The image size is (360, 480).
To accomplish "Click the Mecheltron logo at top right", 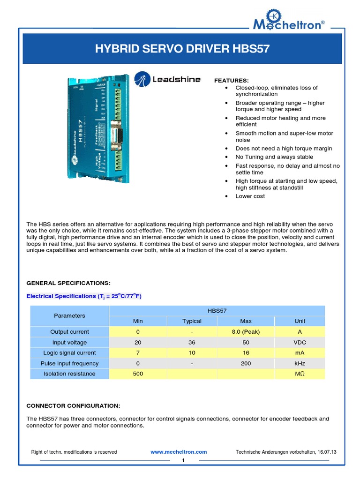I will click(x=287, y=21).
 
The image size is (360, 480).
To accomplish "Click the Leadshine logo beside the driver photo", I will click(x=167, y=79).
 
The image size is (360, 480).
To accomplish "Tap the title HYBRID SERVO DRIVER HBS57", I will click(x=182, y=49).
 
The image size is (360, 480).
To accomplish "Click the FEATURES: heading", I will click(x=232, y=81).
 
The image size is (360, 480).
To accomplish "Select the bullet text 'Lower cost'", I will click(x=250, y=196).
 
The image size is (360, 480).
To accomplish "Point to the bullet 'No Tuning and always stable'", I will click(x=274, y=157).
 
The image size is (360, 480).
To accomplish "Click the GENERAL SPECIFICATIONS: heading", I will click(x=68, y=283).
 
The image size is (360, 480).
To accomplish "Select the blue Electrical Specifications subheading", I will click(x=84, y=296).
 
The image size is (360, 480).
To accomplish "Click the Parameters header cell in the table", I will click(x=69, y=315).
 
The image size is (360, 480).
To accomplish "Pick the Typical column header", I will click(x=192, y=321).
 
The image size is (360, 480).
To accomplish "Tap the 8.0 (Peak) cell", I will click(x=246, y=332).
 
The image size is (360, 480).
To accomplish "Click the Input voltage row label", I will click(x=69, y=342).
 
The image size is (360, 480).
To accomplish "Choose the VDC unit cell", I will click(x=300, y=342).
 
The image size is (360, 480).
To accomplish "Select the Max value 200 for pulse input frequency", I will click(x=246, y=363).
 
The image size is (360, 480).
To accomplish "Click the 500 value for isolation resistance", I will click(x=138, y=374).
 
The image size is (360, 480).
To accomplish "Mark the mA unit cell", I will click(x=300, y=353).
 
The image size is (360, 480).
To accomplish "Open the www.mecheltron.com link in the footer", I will click(x=179, y=452).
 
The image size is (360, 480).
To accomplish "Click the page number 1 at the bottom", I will click(x=184, y=461).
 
